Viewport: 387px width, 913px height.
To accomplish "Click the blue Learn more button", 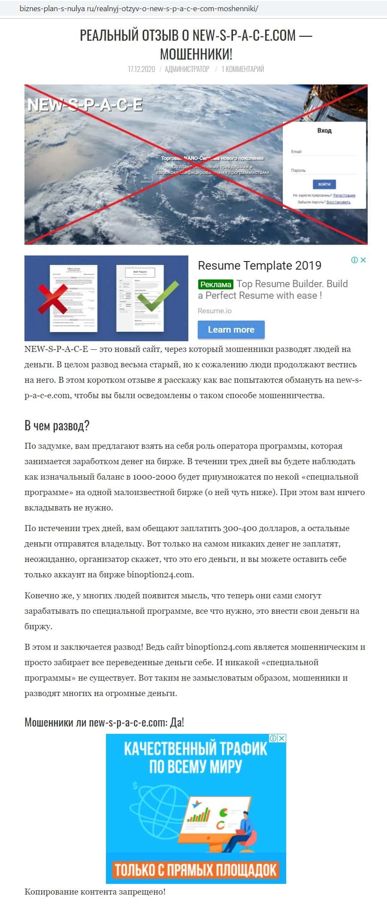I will [231, 330].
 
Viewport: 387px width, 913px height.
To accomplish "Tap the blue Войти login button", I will [324, 184].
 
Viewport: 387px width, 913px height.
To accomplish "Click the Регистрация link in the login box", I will [344, 195].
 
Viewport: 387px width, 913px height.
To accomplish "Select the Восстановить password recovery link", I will [338, 202].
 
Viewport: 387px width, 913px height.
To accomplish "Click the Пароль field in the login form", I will [324, 171].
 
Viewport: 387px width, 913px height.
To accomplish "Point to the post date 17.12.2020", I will [141, 69].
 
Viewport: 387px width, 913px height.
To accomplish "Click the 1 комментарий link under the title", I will [242, 69].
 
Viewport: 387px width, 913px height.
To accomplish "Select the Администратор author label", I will [187, 69].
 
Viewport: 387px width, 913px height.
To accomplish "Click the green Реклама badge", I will [215, 284].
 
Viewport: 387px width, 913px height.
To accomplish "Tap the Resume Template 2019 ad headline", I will [259, 266].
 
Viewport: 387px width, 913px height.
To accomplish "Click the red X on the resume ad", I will [53, 299].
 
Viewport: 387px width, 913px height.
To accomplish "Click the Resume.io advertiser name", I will [215, 311].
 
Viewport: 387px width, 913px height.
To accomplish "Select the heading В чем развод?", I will [57, 426].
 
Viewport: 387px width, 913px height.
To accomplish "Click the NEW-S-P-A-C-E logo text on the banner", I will [85, 105].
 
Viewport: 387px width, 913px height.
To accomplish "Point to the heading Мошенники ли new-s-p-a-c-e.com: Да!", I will [104, 722].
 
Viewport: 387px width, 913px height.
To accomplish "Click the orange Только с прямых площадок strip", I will [196, 870].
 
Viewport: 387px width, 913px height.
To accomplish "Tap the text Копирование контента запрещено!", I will [95, 892].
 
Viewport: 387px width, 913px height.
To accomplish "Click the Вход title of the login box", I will [324, 130].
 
